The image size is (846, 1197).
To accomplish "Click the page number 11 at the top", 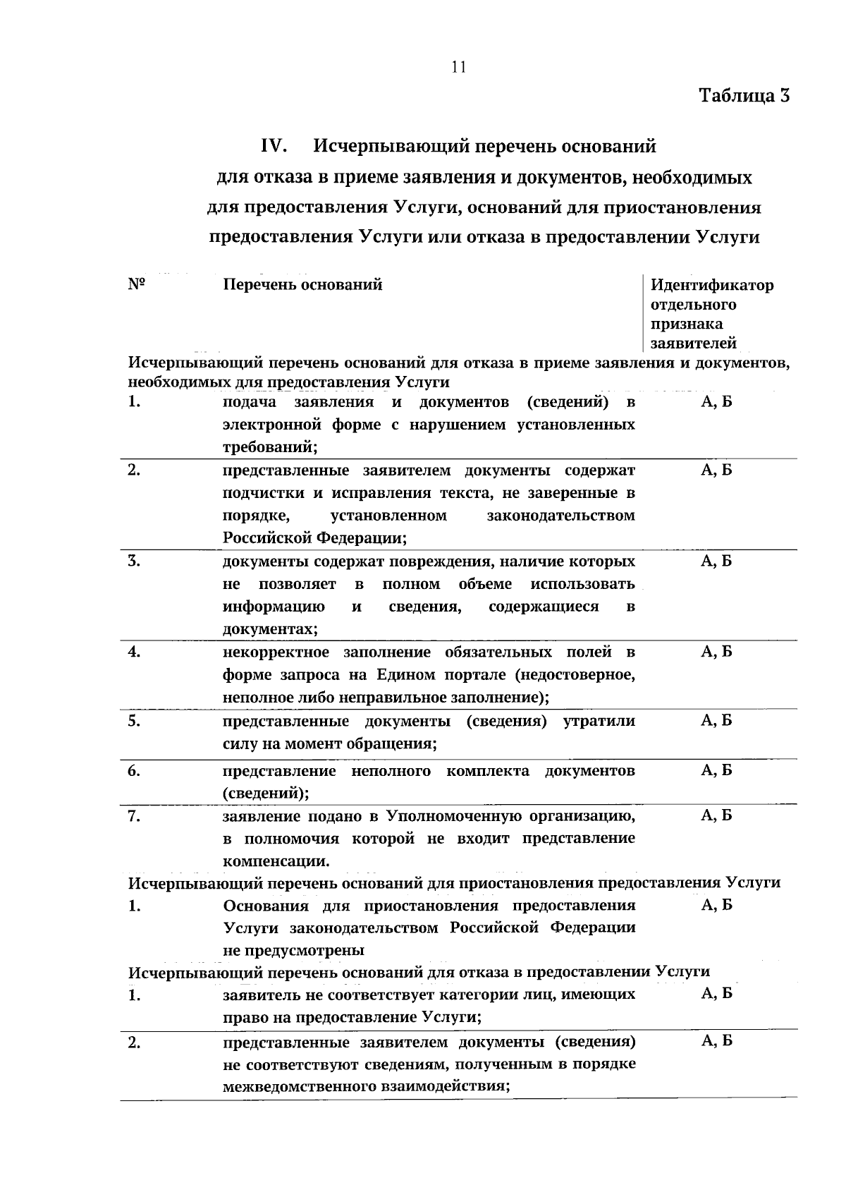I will click(x=458, y=67).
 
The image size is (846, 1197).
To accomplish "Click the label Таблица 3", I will click(x=744, y=95).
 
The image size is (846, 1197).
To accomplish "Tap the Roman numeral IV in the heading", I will click(x=273, y=146).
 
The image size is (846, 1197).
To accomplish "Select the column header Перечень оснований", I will click(x=302, y=285).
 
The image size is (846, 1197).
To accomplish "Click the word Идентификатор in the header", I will click(x=711, y=286).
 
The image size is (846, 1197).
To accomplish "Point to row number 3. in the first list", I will click(x=134, y=562).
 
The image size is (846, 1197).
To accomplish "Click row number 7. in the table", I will click(x=134, y=817).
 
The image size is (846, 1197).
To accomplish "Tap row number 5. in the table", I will click(x=134, y=722).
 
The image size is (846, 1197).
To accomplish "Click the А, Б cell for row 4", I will click(x=716, y=652).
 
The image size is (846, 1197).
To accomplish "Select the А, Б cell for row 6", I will click(x=716, y=770).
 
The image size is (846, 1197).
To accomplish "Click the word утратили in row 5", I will click(x=599, y=722).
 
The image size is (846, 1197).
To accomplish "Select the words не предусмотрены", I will click(x=294, y=950).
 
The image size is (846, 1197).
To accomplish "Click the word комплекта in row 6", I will click(x=487, y=771).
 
